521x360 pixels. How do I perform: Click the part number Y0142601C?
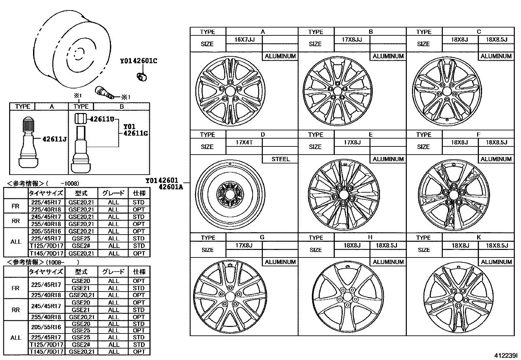tap(138, 61)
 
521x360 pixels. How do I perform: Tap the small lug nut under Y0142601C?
tap(141, 77)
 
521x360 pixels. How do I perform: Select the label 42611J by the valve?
tap(55, 139)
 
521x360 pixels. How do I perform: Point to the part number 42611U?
tap(102, 119)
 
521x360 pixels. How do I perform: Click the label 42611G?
tap(135, 133)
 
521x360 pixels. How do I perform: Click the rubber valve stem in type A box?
tap(28, 141)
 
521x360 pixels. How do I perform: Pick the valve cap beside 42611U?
tap(80, 118)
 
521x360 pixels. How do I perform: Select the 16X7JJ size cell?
tap(244, 40)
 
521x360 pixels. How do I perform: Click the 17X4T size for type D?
tap(244, 142)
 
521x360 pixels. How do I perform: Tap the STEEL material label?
tap(280, 159)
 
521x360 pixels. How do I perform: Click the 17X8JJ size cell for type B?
tap(352, 40)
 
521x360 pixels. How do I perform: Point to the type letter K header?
tap(478, 237)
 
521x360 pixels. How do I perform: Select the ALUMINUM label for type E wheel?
tap(388, 159)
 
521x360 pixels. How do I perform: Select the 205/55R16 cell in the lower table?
tap(46, 327)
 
